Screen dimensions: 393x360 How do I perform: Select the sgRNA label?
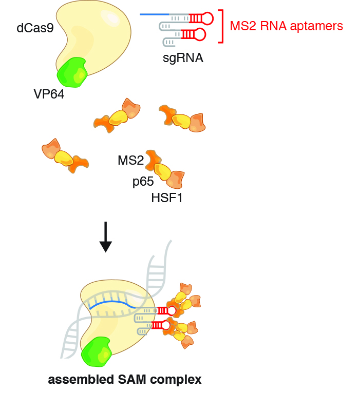[183, 58]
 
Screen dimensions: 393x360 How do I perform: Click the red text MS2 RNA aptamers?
[286, 25]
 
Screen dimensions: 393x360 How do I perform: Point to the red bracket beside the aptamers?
[222, 26]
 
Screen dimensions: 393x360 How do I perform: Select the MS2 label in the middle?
[130, 161]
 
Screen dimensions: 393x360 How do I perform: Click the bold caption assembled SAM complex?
[125, 380]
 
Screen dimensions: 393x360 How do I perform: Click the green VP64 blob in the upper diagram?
[72, 72]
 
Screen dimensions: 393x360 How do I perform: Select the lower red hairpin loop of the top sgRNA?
[200, 34]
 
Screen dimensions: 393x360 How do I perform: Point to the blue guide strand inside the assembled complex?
[112, 305]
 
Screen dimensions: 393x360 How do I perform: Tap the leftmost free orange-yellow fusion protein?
[65, 155]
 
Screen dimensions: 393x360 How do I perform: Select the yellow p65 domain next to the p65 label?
[163, 171]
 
